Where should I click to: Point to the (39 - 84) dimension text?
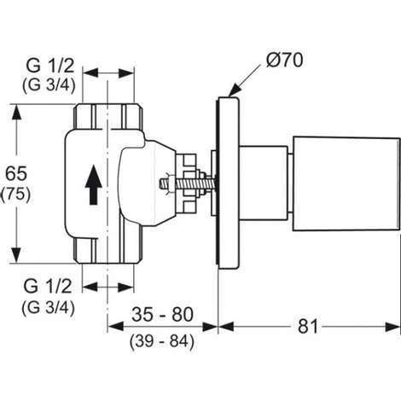point(162,342)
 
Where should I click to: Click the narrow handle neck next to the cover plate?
point(265,181)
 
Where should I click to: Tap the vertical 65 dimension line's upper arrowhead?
point(15,109)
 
